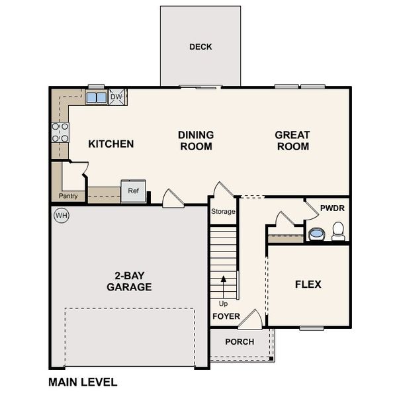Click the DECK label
click(x=200, y=47)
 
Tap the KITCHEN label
click(x=111, y=144)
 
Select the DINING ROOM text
click(x=195, y=140)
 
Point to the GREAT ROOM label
click(x=292, y=140)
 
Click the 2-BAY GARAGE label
click(x=129, y=281)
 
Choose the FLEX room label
click(x=308, y=285)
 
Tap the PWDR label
click(x=331, y=208)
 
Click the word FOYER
click(x=226, y=316)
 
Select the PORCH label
click(x=240, y=342)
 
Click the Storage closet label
click(x=223, y=212)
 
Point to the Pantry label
click(x=68, y=196)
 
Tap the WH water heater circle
click(x=62, y=215)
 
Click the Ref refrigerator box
click(x=133, y=191)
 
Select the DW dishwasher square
click(x=117, y=97)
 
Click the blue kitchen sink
click(x=96, y=98)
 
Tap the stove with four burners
click(x=60, y=133)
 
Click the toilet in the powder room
click(x=338, y=231)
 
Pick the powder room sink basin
click(x=316, y=234)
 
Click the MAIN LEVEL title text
click(x=83, y=382)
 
